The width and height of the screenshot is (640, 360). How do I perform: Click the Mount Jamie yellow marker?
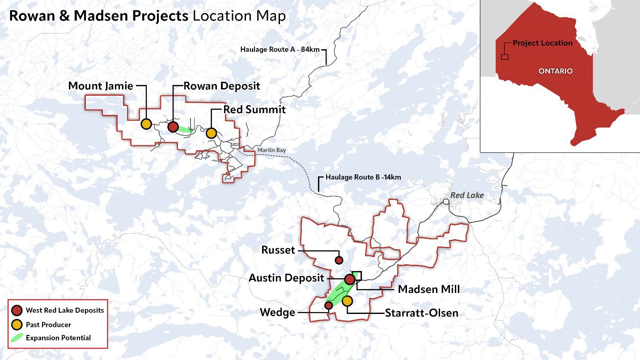[146, 124]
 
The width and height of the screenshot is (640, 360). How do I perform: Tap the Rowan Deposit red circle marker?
[173, 127]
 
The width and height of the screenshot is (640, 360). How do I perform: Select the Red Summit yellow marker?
[211, 133]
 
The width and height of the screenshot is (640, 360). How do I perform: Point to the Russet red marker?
[339, 260]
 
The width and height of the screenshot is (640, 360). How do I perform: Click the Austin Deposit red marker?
[350, 279]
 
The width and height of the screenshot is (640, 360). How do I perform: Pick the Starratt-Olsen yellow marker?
[348, 301]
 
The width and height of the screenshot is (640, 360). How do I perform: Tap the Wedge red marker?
[328, 305]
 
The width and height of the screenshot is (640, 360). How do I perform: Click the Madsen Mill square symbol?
[357, 275]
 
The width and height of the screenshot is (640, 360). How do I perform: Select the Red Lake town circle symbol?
[446, 202]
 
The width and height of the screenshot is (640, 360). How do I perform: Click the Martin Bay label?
[271, 151]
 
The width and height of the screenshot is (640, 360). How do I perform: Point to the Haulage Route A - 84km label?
[280, 49]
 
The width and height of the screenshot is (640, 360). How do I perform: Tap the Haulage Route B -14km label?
[363, 177]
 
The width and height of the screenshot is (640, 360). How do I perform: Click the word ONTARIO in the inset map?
[555, 71]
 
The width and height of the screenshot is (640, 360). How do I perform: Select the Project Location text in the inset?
[543, 43]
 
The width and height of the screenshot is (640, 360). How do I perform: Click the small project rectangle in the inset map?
[504, 57]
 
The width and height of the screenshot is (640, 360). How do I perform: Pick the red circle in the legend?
[17, 310]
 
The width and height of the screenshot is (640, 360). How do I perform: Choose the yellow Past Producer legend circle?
[17, 324]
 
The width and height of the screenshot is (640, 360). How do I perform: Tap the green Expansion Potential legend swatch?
[17, 338]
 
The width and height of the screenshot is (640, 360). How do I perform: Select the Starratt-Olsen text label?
[422, 313]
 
